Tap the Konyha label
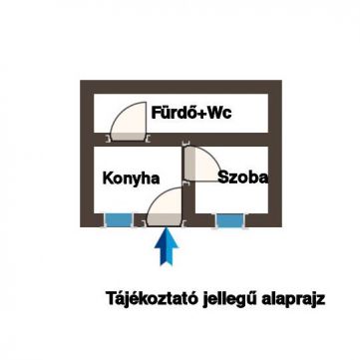pyautogui.click(x=132, y=179)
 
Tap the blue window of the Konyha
pyautogui.click(x=121, y=218)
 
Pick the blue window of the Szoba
pyautogui.click(x=236, y=218)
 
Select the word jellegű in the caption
pyautogui.click(x=226, y=298)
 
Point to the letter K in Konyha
pyautogui.click(x=108, y=179)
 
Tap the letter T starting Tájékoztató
pyautogui.click(x=112, y=297)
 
